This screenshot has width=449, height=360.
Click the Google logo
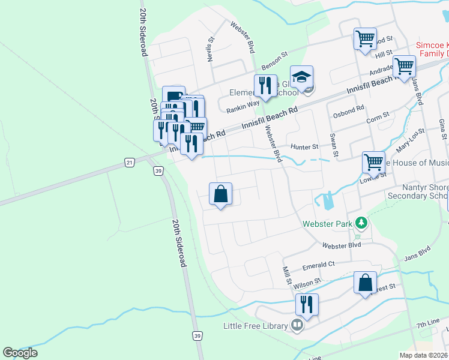(20, 353)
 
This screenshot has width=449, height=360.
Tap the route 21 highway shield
(129, 162)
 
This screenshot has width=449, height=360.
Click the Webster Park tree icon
(361, 223)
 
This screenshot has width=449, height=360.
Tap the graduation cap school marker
(301, 77)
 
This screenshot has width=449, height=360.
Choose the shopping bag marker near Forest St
(365, 283)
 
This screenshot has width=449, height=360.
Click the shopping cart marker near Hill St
(365, 39)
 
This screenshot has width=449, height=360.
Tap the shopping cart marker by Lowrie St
(373, 162)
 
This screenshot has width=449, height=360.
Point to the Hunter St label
(304, 147)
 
